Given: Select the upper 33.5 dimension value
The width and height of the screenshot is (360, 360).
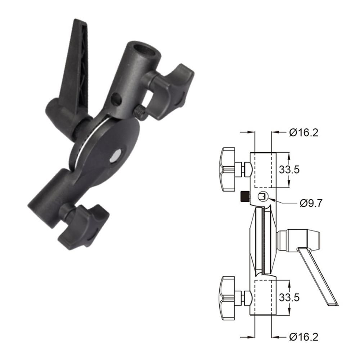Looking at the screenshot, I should point(289,170).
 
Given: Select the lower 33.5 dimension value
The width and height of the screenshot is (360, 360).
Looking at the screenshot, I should point(289,297).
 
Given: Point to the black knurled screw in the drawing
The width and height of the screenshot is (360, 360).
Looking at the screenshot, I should point(244,197).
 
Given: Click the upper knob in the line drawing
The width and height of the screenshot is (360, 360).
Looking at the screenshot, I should point(229,169).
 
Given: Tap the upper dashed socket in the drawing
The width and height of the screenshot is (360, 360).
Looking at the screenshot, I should point(265,170).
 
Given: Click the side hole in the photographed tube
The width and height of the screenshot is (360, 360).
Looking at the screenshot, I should point(115,99).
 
